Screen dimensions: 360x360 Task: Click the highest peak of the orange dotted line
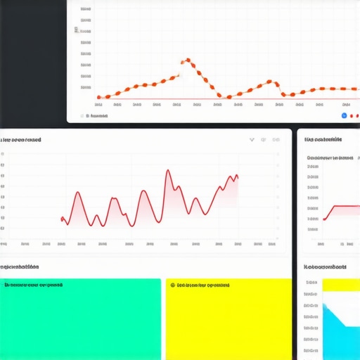point(186,61)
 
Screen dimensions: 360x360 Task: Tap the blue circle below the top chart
point(344,115)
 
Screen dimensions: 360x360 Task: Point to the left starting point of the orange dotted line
point(99,98)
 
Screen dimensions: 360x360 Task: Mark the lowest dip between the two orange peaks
point(219,96)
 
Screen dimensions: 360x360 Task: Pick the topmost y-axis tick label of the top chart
point(85,11)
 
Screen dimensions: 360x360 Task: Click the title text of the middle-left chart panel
point(21,140)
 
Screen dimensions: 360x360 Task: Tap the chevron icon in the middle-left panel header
point(252,140)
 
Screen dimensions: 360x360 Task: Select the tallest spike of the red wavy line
point(168,170)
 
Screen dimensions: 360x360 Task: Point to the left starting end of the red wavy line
point(62,218)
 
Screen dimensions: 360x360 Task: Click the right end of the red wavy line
point(238,176)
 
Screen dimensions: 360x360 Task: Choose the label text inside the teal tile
point(33,285)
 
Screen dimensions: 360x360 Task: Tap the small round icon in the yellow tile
point(171,285)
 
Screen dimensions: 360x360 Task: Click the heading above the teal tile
point(20,267)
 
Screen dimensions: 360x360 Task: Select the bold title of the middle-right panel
point(323,140)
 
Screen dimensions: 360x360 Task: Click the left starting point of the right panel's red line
point(323,219)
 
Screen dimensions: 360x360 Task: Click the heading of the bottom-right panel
point(325,267)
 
